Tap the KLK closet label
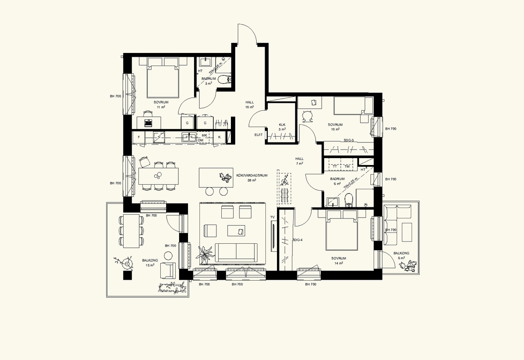click(282, 125)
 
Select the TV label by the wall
click(272, 217)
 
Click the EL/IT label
click(259, 135)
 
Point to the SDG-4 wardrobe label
click(298, 240)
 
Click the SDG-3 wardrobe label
click(349, 140)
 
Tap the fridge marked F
click(139, 137)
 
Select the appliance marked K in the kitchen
click(219, 137)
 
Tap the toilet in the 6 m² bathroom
click(349, 200)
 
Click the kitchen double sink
click(189, 137)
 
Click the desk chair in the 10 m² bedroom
click(307, 116)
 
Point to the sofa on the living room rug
click(236, 253)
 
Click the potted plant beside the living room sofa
click(205, 255)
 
